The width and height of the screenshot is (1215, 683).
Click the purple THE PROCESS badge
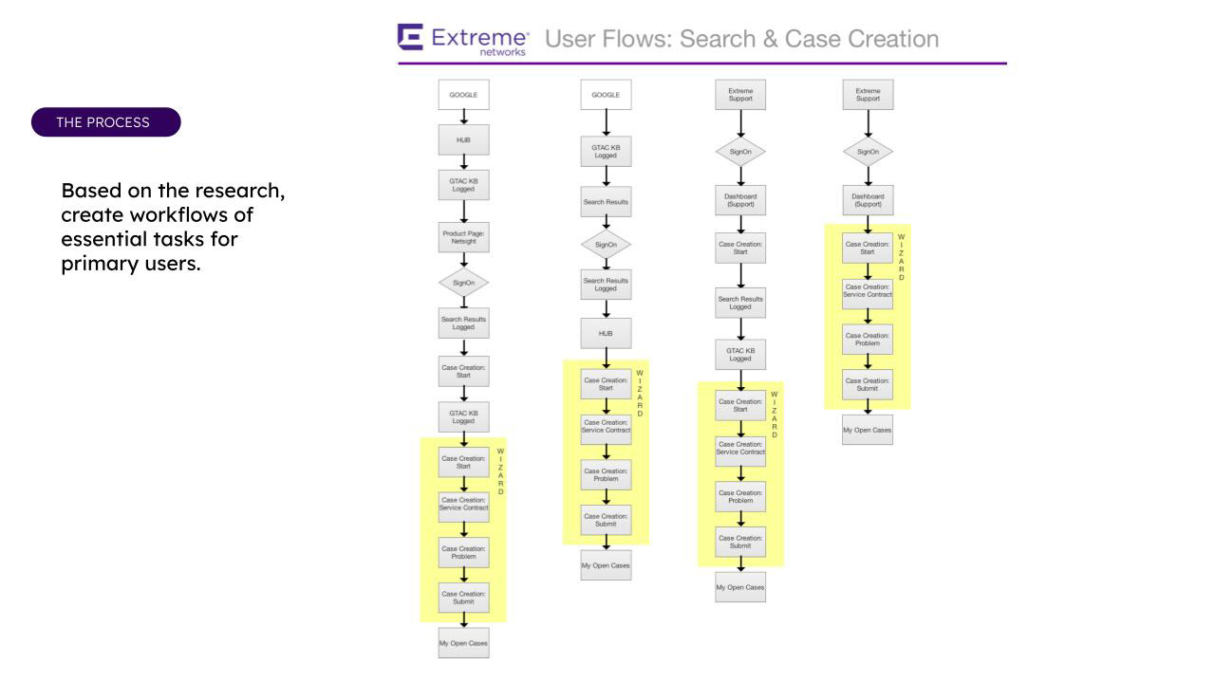105,122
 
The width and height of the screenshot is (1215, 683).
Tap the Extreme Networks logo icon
411,39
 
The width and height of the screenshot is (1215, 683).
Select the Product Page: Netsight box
463,236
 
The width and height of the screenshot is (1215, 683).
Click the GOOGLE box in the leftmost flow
463,95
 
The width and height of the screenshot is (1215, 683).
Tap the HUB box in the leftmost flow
463,139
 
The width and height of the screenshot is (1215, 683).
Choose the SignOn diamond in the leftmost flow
463,283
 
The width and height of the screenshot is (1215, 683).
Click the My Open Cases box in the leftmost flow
463,643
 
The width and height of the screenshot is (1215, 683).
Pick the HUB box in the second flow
606,334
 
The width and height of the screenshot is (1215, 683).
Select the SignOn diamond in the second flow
606,244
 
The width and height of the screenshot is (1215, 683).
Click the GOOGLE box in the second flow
606,95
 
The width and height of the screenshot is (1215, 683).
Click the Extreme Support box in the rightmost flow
868,95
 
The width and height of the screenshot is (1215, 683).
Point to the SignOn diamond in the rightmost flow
868,152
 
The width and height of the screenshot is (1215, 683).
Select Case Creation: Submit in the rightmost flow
868,384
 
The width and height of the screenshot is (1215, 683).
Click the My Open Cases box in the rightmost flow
868,430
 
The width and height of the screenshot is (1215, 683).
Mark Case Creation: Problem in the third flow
740,497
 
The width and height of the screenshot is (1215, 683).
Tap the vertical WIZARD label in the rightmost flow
902,256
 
